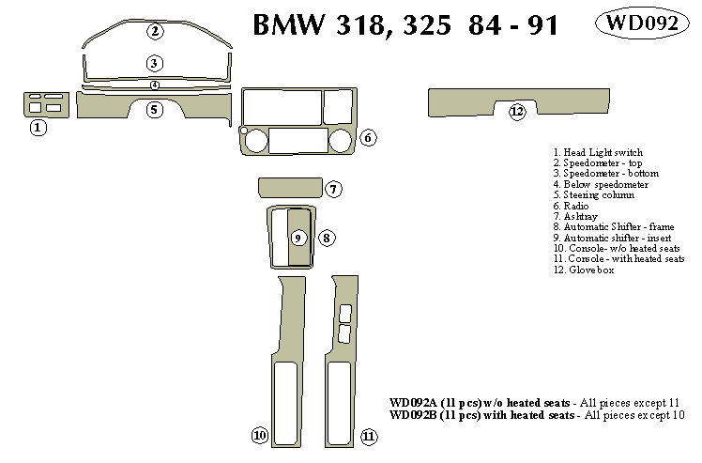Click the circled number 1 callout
38,127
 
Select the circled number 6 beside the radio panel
368,138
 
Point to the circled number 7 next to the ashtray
334,190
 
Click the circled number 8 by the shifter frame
326,238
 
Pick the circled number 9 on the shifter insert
298,237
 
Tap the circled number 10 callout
259,435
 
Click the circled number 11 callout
369,436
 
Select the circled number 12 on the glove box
516,113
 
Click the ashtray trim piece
289,188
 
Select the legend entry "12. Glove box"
583,270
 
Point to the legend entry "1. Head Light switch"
598,152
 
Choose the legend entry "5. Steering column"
593,195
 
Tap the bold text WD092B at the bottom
418,414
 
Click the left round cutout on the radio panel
253,142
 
